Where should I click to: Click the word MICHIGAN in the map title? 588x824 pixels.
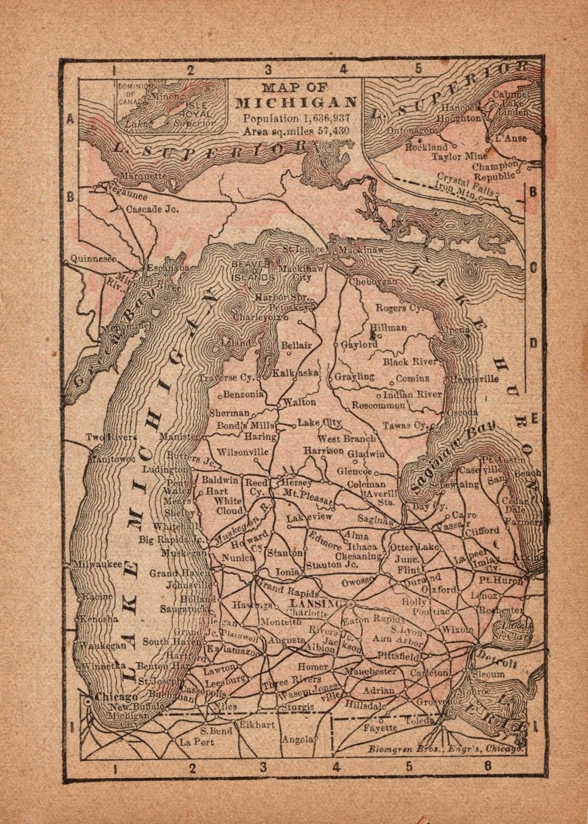click(x=296, y=102)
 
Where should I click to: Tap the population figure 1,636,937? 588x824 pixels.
click(x=323, y=118)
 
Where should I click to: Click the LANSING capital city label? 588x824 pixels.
click(x=315, y=604)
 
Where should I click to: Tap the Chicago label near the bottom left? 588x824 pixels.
click(x=116, y=696)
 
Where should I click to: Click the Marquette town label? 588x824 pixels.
click(x=143, y=176)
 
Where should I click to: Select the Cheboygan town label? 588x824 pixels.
click(x=373, y=282)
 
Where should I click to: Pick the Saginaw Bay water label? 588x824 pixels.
click(x=452, y=457)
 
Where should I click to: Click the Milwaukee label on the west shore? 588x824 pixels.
click(x=99, y=565)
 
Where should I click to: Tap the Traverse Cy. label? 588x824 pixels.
click(x=226, y=377)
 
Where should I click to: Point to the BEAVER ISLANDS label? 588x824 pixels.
click(x=252, y=270)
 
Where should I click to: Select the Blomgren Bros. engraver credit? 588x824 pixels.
click(x=446, y=748)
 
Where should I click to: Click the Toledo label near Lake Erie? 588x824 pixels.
click(x=418, y=722)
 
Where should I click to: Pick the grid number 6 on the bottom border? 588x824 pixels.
click(x=487, y=766)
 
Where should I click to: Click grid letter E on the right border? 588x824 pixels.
click(x=534, y=419)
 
